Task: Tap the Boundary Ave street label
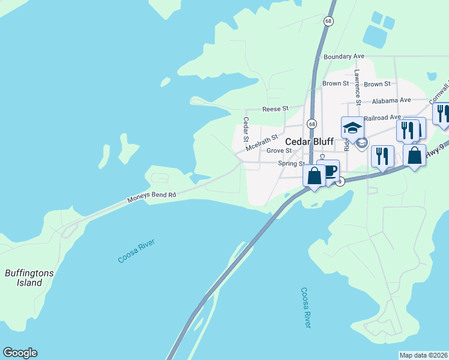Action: tap(344, 56)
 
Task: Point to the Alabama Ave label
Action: tap(391, 100)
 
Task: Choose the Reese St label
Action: tap(276, 109)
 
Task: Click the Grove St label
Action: tap(279, 151)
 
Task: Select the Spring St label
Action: tap(292, 163)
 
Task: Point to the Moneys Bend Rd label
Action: tap(151, 196)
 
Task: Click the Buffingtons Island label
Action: tap(29, 278)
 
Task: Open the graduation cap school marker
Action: tap(352, 128)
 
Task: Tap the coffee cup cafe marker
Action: tap(330, 171)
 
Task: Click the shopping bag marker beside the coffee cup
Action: tap(314, 176)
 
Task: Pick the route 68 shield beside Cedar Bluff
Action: tap(312, 124)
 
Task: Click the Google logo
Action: tap(20, 353)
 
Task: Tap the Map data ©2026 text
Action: tap(423, 355)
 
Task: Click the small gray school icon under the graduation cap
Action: tap(361, 143)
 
